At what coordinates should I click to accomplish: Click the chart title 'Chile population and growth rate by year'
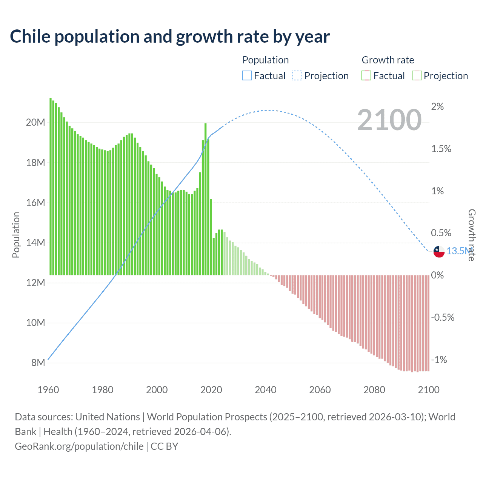pos(170,37)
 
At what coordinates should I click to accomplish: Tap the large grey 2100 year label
pos(389,120)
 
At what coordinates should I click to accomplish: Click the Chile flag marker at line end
pos(439,251)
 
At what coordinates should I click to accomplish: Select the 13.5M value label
pos(459,251)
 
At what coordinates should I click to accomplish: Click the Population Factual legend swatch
pos(247,76)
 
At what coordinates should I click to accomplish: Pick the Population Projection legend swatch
pos(297,76)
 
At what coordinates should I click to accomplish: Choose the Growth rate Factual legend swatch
pos(366,76)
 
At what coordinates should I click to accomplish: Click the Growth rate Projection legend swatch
pos(417,76)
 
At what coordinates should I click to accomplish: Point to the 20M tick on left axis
pos(36,123)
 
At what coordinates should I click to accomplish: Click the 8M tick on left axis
pos(38,363)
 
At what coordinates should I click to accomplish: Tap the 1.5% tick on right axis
pos(441,149)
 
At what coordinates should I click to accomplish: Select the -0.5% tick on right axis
pos(442,318)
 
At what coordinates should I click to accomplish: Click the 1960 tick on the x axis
pos(48,390)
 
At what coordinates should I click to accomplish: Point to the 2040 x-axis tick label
pos(266,390)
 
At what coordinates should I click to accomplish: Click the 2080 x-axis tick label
pos(374,390)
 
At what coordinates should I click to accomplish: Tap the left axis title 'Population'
pos(16,235)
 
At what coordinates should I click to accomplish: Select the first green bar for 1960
pos(51,186)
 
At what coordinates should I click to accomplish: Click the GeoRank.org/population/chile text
pos(79,446)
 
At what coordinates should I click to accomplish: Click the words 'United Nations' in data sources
pos(108,417)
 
